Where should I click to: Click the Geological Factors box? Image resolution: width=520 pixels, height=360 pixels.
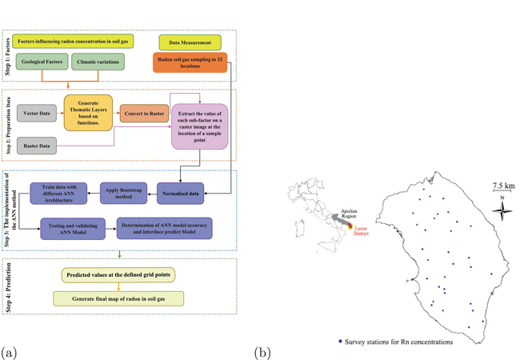pos(41,61)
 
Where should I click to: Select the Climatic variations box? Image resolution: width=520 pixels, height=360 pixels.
pos(98,61)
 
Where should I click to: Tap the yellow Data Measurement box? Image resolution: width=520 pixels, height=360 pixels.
pos(190,42)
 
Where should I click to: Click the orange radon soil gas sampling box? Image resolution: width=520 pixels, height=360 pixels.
pos(190,62)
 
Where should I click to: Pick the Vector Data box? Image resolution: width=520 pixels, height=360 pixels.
pos(36,114)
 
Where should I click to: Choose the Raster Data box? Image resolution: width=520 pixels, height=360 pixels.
pos(36,145)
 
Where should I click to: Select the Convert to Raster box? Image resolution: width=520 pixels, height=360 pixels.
pos(144,113)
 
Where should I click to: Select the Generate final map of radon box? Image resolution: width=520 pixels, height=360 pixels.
pos(118,298)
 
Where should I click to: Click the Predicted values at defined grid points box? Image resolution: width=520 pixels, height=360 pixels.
pos(118,275)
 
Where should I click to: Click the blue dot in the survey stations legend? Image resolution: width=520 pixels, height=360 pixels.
pos(340,342)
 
